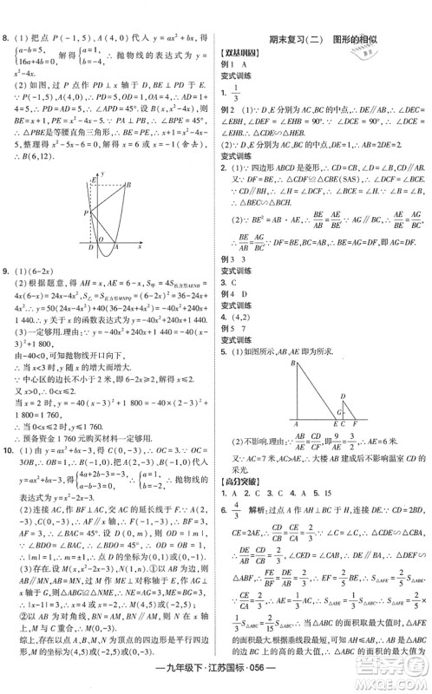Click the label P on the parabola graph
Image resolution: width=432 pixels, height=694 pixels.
(84, 212)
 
